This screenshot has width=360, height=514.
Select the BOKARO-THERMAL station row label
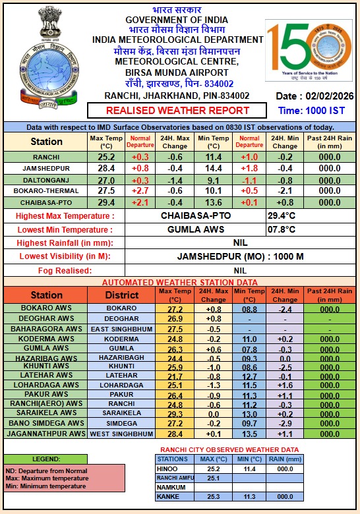[47, 190]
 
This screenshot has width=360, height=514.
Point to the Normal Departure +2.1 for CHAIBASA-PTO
[140, 202]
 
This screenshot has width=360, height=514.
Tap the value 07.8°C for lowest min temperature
[281, 229]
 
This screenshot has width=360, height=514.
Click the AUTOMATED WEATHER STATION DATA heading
[179, 282]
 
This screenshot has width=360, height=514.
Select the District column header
[121, 295]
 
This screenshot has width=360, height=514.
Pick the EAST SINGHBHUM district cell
[121, 329]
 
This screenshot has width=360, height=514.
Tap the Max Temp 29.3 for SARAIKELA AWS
[175, 413]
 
